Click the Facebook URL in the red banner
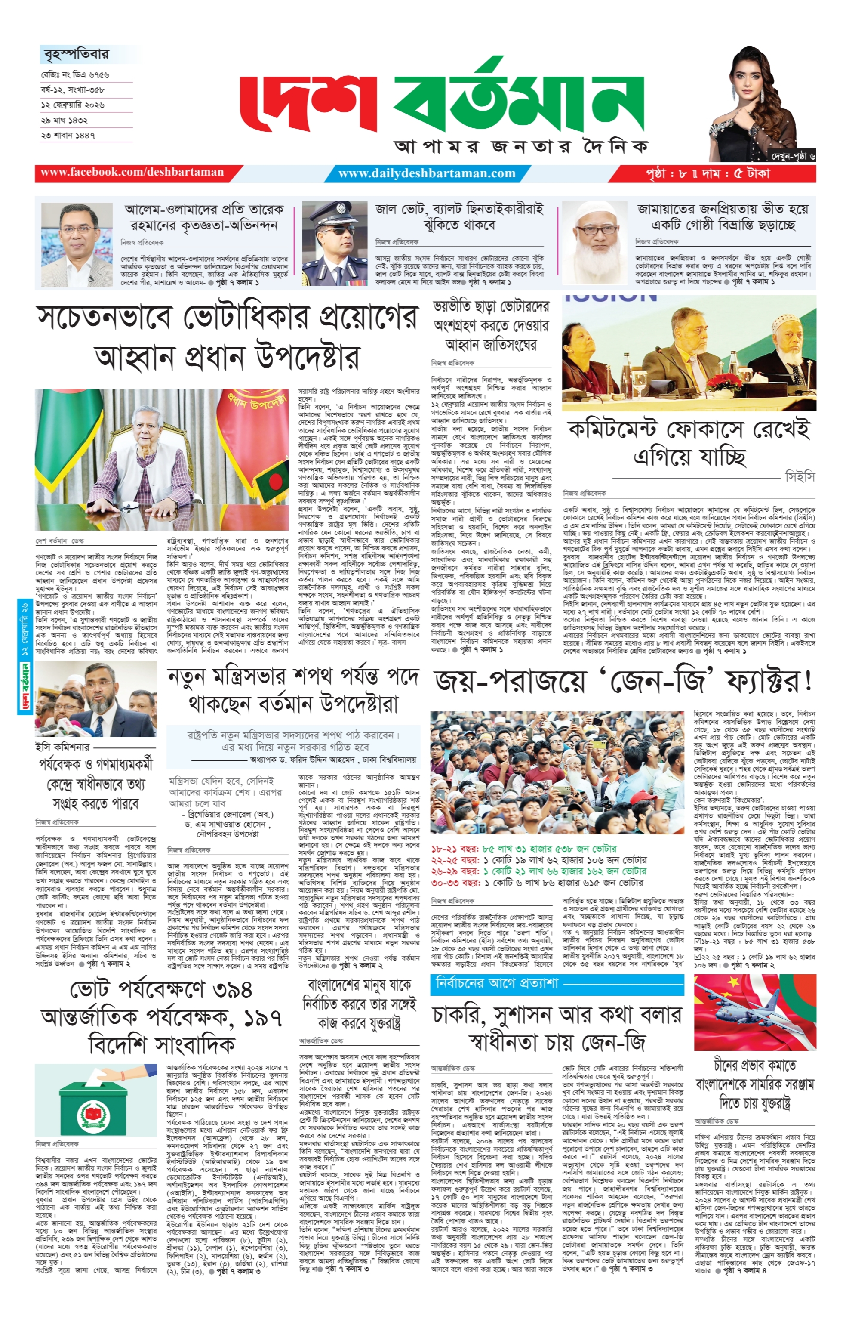tap(132, 172)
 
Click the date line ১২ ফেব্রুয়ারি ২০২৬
tap(73, 105)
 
